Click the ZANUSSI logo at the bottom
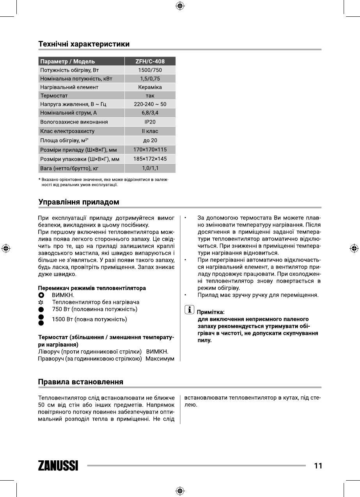tap(58, 466)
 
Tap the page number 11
tap(318, 466)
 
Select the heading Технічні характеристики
tap(84, 44)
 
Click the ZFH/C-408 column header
tap(150, 62)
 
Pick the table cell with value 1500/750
tap(150, 71)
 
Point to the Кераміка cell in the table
tap(150, 87)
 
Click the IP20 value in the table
tap(150, 122)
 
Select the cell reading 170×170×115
tap(150, 150)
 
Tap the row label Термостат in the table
tap(54, 96)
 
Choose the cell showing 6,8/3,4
tap(150, 113)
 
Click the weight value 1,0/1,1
tap(150, 168)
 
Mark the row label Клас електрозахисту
tap(67, 131)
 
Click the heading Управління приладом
tap(78, 202)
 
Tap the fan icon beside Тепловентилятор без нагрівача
tap(41, 302)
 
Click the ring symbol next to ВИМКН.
tap(41, 295)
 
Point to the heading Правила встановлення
tap(81, 382)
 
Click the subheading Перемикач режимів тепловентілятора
tap(92, 288)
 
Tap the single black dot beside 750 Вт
tap(41, 310)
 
